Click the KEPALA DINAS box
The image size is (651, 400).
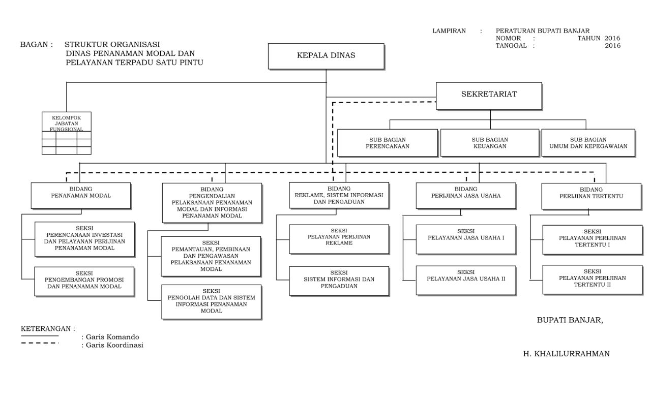[326, 56]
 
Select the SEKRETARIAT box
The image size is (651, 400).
[489, 96]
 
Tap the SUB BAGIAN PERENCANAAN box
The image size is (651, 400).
[388, 143]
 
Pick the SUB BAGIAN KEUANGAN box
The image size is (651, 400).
[490, 143]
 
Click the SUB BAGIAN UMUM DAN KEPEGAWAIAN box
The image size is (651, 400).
[588, 143]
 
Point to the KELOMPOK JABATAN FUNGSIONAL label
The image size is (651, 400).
[66, 124]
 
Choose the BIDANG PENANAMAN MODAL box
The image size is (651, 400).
[81, 196]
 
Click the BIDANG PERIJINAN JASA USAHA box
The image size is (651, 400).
[466, 196]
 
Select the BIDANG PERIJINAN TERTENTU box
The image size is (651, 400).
[591, 196]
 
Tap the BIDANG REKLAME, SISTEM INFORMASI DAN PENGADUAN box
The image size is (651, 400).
[339, 195]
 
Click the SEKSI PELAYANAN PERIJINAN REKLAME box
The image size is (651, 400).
[339, 239]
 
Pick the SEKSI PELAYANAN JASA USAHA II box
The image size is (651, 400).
[466, 281]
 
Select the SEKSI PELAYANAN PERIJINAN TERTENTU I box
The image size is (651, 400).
[593, 240]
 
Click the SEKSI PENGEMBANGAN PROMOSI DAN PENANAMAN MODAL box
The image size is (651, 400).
[84, 282]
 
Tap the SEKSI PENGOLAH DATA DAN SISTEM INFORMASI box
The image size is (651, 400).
[212, 302]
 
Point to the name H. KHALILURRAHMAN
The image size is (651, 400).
[566, 354]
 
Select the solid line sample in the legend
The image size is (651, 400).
[40, 336]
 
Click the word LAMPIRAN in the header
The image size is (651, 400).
[449, 31]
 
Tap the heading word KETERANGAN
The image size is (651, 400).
[46, 328]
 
